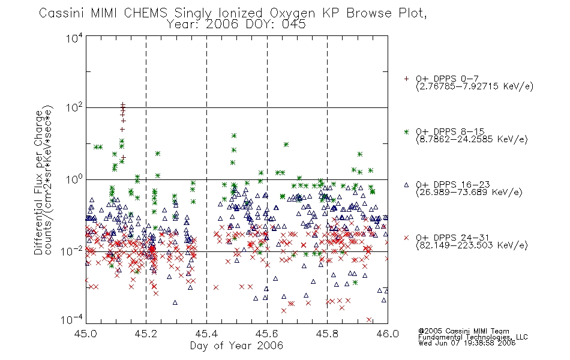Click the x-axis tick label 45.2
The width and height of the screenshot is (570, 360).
(146, 334)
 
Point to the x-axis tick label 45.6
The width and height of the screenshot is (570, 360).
(267, 334)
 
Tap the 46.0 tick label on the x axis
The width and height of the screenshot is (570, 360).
(388, 334)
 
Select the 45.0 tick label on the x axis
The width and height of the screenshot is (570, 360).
(86, 334)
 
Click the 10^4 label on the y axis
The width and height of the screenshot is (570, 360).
(74, 38)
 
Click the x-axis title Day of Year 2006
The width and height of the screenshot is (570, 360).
(236, 345)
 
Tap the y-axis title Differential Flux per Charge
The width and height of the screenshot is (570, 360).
(38, 182)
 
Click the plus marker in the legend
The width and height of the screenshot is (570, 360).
(406, 79)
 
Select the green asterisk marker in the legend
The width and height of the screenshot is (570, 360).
(406, 131)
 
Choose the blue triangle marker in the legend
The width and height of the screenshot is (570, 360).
(406, 185)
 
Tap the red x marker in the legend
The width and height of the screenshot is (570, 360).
(406, 238)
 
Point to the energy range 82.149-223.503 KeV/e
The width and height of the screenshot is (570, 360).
(472, 245)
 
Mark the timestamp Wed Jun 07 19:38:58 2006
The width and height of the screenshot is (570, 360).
(467, 343)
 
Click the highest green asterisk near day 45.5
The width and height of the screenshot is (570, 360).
(234, 136)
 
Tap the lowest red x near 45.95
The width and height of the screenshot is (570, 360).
(369, 320)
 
